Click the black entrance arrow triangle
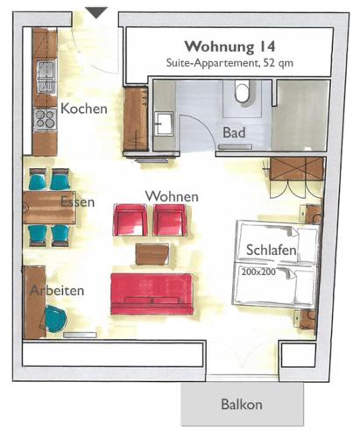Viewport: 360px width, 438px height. click(x=96, y=13)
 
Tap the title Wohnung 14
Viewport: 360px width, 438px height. click(x=229, y=46)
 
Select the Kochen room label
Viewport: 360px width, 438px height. click(x=84, y=109)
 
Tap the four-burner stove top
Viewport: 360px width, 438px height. click(x=45, y=119)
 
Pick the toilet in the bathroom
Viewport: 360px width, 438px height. click(x=243, y=93)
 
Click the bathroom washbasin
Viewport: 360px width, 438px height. click(x=164, y=124)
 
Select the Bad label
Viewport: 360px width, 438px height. click(x=234, y=132)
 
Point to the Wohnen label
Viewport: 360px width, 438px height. click(x=172, y=196)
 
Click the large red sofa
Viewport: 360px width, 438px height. click(x=152, y=294)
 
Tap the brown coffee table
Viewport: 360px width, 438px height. click(x=152, y=254)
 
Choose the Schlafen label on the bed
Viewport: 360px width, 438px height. click(x=272, y=250)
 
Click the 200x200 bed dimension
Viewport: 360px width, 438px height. click(x=258, y=272)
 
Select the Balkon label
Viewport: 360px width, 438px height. click(x=242, y=405)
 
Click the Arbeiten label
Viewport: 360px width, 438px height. click(x=57, y=291)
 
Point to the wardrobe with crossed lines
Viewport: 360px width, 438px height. click(x=297, y=169)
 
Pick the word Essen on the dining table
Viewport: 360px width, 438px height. click(x=78, y=202)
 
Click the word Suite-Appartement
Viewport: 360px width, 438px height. click(x=213, y=63)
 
